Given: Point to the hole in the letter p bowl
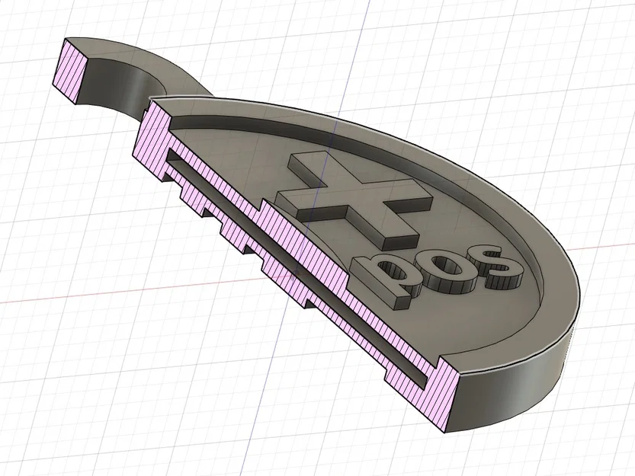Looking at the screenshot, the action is [392, 272].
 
